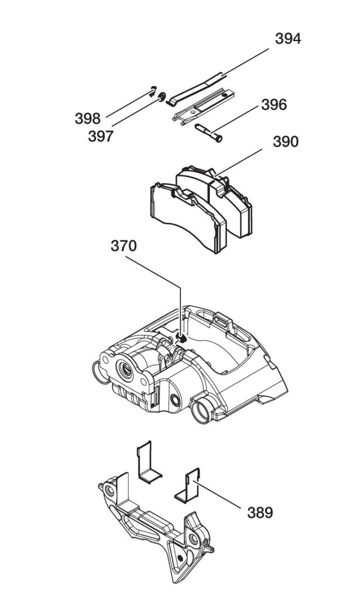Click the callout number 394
(287, 39)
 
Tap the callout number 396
(273, 105)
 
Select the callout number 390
(286, 142)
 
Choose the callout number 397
(101, 136)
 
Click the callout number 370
(123, 247)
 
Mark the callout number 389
(260, 512)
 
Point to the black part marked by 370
(181, 337)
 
